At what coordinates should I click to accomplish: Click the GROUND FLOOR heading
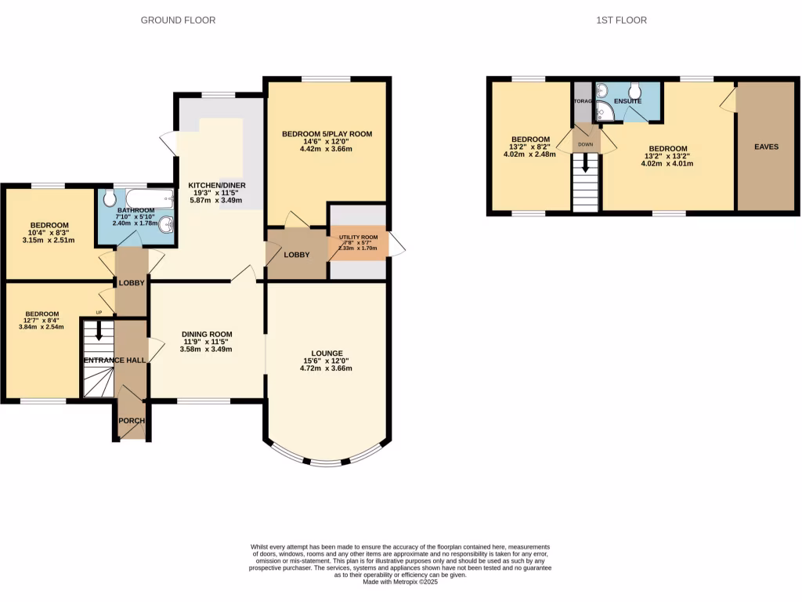(178, 20)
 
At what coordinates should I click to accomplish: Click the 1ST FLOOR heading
(621, 20)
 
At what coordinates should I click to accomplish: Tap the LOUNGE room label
(326, 353)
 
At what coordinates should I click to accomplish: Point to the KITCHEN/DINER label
(217, 185)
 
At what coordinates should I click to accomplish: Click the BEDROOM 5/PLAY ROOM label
(327, 134)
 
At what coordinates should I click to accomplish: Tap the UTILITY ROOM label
(358, 238)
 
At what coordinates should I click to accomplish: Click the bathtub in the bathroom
(149, 197)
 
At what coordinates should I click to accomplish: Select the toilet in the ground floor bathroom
(109, 198)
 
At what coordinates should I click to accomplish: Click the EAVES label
(765, 147)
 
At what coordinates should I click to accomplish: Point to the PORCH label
(132, 421)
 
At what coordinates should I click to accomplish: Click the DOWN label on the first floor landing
(585, 145)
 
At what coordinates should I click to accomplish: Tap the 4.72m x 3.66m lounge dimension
(326, 368)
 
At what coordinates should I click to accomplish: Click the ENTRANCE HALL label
(114, 360)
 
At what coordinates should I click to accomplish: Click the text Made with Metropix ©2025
(400, 582)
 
